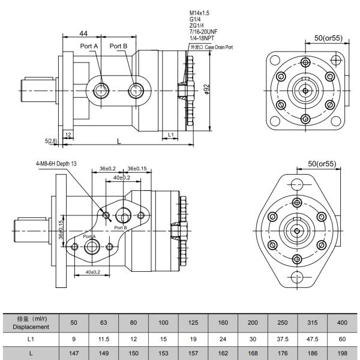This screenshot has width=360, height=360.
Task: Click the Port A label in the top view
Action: click(89, 46)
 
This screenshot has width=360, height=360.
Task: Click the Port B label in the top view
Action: click(118, 46)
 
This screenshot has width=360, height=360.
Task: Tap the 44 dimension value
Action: click(84, 33)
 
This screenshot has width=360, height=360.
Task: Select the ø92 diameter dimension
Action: click(206, 89)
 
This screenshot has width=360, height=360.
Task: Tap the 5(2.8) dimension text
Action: click(51, 141)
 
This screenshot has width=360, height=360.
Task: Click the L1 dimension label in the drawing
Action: click(171, 134)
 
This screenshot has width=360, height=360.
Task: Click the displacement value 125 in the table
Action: click(193, 323)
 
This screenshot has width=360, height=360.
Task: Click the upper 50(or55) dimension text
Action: click(328, 38)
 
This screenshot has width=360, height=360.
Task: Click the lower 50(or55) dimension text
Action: click(321, 163)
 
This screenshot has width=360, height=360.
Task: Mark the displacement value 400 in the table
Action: click(341, 323)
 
